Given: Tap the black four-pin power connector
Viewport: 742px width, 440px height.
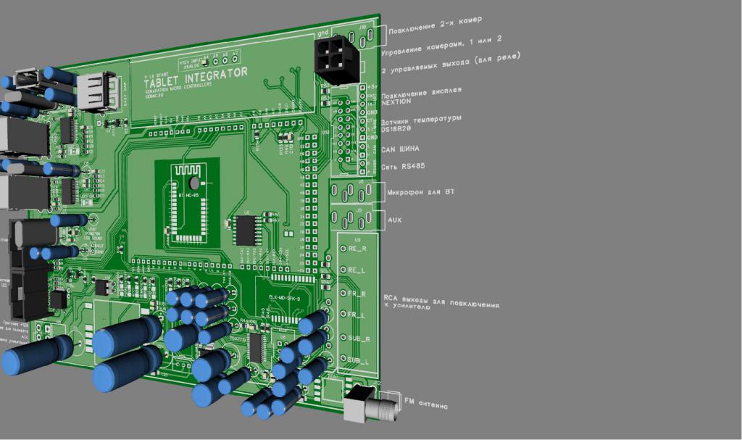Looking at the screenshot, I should tap(334, 59).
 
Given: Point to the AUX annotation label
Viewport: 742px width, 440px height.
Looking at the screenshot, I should tap(394, 219).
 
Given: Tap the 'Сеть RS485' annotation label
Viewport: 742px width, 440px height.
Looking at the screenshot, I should tap(403, 166).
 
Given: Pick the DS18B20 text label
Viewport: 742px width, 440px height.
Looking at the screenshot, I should tap(396, 129).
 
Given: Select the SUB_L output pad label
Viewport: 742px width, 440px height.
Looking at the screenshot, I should tap(359, 360).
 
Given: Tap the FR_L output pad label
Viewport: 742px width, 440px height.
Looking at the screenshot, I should tap(357, 315).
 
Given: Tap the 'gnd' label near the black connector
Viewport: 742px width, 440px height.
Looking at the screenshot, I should tap(323, 33).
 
